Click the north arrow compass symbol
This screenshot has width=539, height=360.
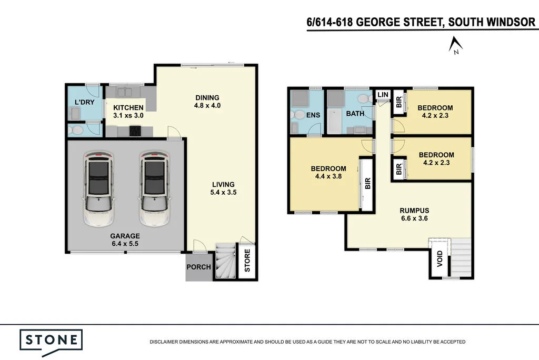pos(455,46)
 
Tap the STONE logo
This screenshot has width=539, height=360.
pos(51,339)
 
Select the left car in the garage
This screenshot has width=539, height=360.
pos(99,188)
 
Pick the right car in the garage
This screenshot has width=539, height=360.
pos(154,188)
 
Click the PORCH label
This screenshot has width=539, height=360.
pos(198,267)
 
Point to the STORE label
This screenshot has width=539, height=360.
pos(247,264)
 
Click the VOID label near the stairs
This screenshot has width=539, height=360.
pos(440,259)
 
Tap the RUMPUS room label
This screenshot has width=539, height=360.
pos(415,210)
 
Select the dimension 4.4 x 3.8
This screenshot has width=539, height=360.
pos(328,177)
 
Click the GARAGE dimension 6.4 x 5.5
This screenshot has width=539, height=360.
pos(125,244)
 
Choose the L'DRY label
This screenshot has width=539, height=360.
pos(84,102)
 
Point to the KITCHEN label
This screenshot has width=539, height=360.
pos(128,107)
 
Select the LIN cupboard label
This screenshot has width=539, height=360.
pos(383,95)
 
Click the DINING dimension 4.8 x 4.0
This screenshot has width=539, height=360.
pos(207,105)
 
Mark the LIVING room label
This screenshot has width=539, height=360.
pos(223,184)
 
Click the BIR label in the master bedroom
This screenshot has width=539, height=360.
pos(368,184)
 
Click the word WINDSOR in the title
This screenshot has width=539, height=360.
pos(510,22)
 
